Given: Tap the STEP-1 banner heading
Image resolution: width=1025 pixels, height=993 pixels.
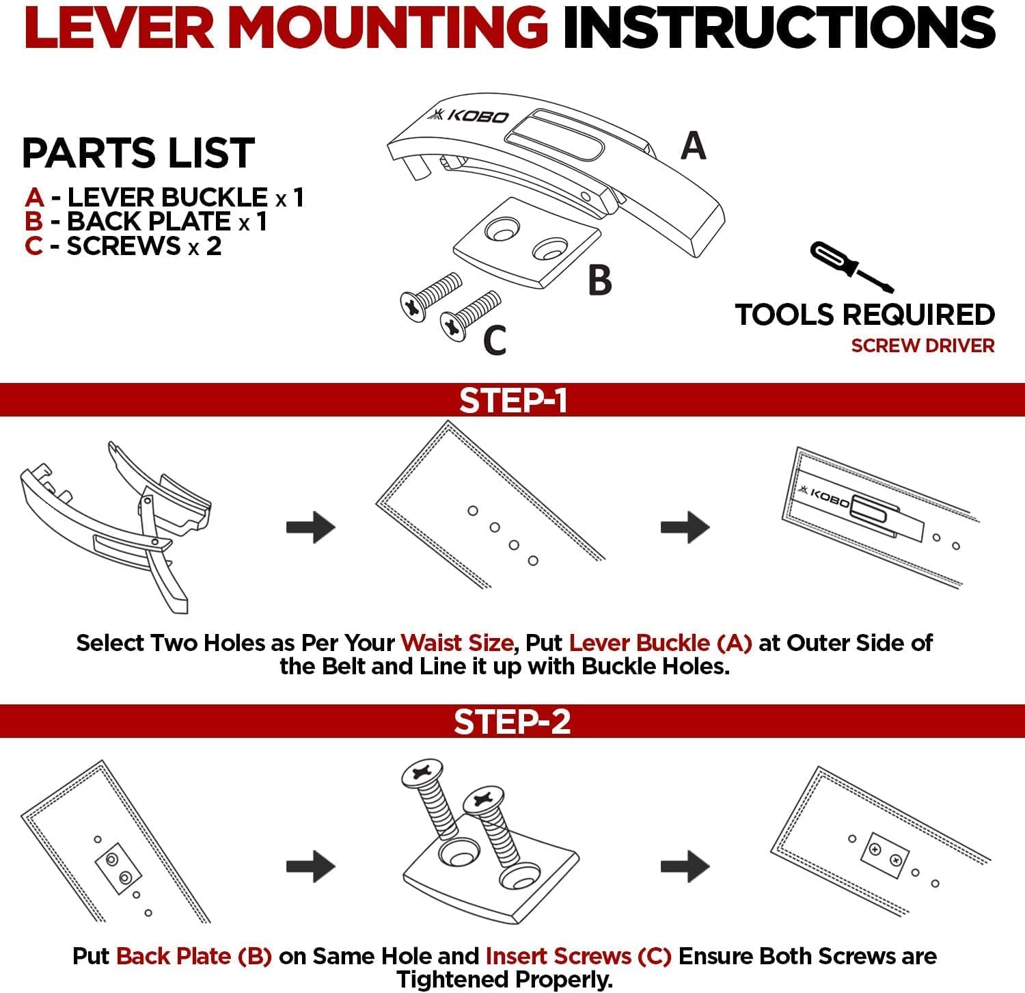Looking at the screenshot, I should coord(512,400).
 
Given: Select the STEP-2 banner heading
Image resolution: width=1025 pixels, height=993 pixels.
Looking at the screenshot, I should coord(512,721).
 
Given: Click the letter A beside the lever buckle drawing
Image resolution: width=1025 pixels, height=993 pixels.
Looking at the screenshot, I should coord(694,146).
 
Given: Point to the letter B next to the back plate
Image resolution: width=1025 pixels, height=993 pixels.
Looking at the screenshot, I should coord(599,280).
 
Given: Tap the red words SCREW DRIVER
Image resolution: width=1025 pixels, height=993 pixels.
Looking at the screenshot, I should coord(922,345).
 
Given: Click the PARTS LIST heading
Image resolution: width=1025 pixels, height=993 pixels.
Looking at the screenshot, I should coord(139,153).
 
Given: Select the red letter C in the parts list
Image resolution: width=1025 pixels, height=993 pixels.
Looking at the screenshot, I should coord(33,246).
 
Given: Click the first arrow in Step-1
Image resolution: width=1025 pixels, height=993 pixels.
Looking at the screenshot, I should coord(311,527).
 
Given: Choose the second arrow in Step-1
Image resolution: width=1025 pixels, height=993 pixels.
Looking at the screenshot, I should coord(685,527).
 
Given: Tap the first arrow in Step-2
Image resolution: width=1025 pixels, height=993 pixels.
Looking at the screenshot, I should coord(311,866).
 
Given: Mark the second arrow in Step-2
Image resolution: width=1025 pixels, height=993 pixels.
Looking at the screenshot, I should coord(685,866).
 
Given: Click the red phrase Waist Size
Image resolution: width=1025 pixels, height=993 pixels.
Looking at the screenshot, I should coord(456,643).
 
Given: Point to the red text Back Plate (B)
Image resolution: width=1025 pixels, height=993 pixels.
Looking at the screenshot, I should coord(194,956).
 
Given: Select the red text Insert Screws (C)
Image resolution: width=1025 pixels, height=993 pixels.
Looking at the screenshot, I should coord(578,956).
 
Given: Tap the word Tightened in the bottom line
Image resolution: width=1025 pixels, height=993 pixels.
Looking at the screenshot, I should coord(454,979).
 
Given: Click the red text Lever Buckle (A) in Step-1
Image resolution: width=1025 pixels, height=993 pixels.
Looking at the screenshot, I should coord(660,643).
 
